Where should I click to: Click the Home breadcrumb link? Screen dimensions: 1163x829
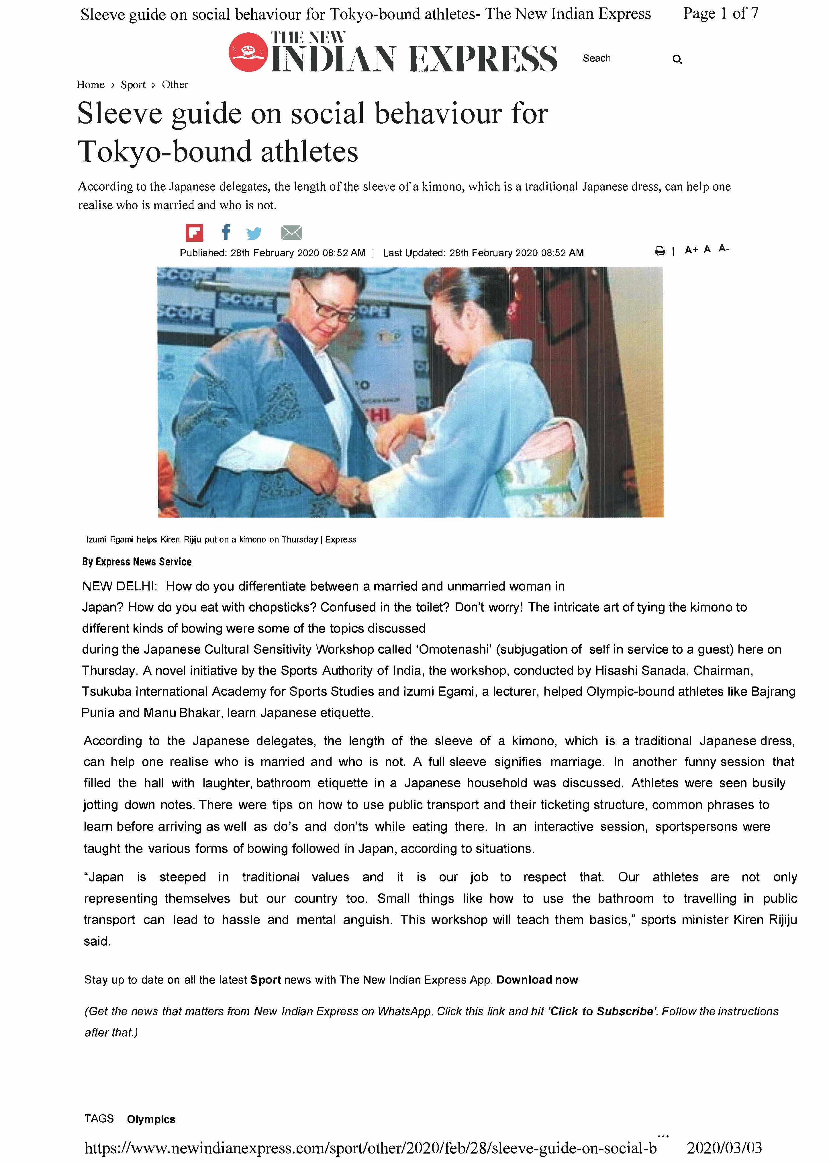tap(90, 85)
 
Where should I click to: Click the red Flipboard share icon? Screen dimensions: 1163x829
tap(194, 233)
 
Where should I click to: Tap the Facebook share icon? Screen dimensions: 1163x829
tap(226, 232)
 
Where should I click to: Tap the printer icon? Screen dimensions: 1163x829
tap(660, 251)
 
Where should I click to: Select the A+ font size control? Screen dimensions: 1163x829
tap(691, 250)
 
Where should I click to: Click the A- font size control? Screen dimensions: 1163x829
tap(724, 249)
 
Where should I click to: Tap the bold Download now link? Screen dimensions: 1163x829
tap(537, 980)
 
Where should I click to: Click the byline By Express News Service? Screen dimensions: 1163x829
tap(137, 562)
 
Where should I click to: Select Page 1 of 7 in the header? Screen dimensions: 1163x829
tap(720, 14)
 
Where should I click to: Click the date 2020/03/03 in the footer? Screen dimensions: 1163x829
tap(724, 1148)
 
